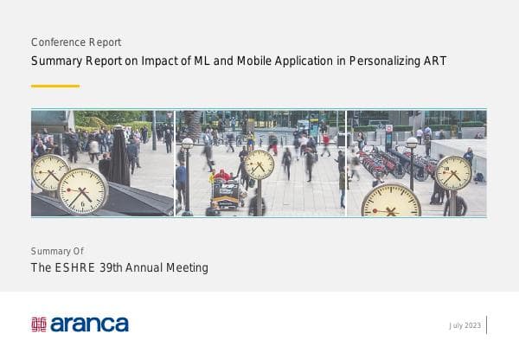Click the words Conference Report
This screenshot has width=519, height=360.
pos(75,42)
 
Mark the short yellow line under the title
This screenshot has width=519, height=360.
pos(54,86)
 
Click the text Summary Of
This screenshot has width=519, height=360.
pos(57,251)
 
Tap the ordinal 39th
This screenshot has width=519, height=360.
pos(115,268)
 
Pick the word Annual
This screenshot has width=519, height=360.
pos(152,268)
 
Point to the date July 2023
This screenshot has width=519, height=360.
pos(465,325)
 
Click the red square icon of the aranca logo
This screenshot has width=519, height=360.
pos(39,325)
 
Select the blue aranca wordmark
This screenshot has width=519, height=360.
pos(89,325)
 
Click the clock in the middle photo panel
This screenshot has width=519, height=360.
pos(259,164)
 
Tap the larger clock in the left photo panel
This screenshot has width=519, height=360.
pos(82,190)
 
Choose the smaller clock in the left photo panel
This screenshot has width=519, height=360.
pos(51,171)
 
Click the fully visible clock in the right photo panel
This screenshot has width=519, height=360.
pos(453,172)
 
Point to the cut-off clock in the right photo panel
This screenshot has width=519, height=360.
pos(391,202)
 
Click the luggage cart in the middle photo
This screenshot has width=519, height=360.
pos(226,192)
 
